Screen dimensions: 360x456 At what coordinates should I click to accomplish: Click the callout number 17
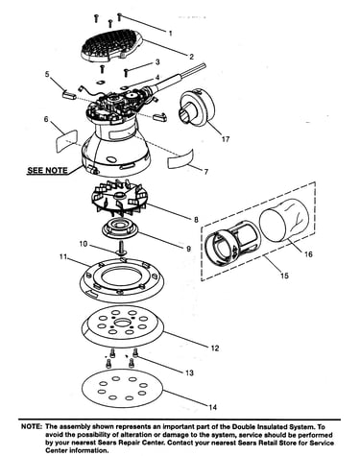(226, 139)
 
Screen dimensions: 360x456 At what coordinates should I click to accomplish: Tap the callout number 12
(215, 348)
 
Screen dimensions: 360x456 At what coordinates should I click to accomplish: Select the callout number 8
(196, 220)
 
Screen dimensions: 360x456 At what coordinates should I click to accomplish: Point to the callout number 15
(284, 276)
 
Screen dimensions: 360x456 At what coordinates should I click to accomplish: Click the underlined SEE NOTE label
(47, 170)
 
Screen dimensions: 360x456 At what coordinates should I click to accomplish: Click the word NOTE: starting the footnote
(32, 426)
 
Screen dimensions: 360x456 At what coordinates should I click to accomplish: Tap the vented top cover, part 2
(112, 45)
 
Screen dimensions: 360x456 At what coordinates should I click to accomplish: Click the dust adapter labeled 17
(196, 108)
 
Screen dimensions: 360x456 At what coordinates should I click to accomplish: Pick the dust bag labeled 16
(284, 219)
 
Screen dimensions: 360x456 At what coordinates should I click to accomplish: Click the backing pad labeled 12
(123, 324)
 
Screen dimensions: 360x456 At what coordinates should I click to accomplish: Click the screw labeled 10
(122, 248)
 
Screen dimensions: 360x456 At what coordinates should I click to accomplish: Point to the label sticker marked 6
(66, 138)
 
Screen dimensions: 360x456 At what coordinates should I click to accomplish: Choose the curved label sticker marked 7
(180, 158)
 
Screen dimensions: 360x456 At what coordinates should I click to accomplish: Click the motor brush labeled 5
(68, 94)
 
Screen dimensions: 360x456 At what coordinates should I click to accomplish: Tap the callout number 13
(189, 372)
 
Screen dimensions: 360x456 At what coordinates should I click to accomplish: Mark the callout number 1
(170, 34)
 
